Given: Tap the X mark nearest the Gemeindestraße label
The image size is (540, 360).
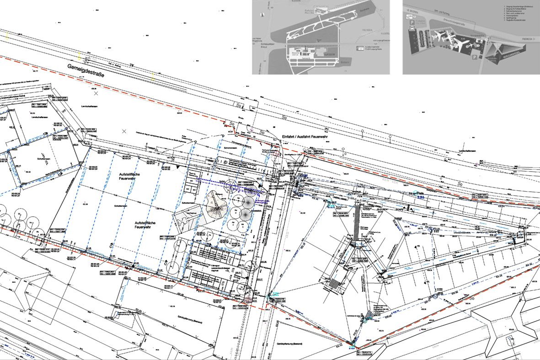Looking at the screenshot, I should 96,93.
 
